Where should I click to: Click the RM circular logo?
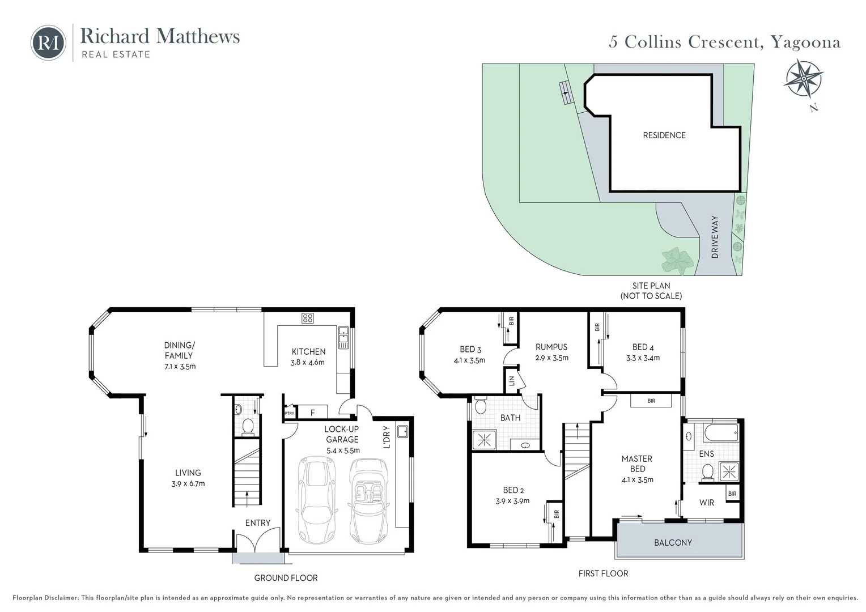[x=48, y=42]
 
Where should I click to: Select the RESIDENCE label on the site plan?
[x=664, y=135]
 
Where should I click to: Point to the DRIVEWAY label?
[x=714, y=237]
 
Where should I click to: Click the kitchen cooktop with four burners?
[x=307, y=318]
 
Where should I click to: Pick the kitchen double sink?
[x=342, y=338]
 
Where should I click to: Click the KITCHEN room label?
[x=308, y=352]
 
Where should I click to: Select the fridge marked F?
[x=312, y=412]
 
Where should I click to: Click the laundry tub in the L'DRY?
[x=403, y=432]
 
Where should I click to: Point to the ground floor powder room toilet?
[x=248, y=426]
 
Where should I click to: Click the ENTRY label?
[x=257, y=523]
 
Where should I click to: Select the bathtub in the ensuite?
[x=720, y=433]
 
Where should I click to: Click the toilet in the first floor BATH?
[x=481, y=406]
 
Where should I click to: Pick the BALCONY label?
[x=673, y=543]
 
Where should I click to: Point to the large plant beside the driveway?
[x=678, y=261]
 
